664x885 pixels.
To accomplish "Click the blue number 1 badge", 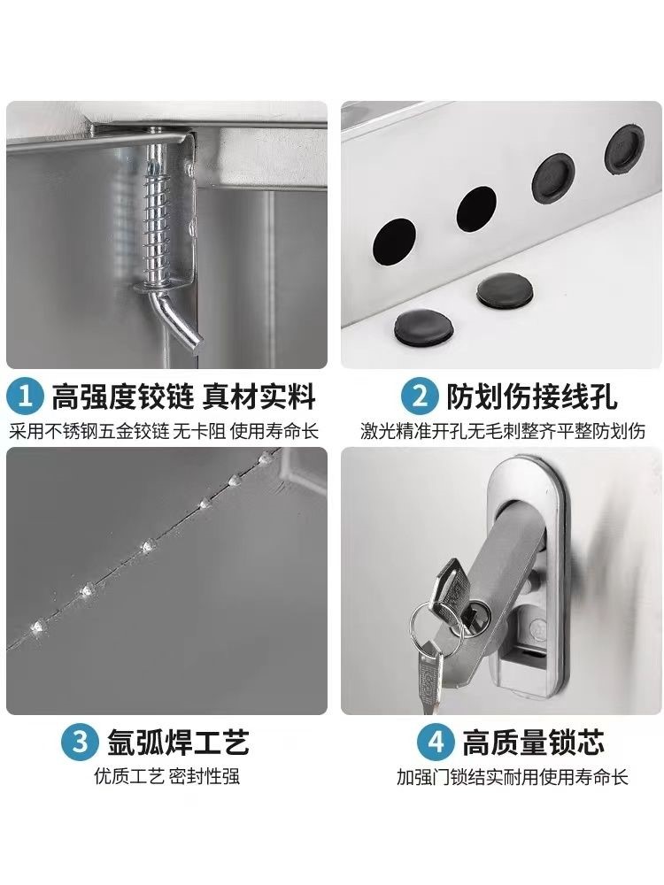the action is point(26,396).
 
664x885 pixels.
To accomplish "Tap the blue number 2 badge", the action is point(420,396).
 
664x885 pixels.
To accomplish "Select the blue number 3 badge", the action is point(81,742).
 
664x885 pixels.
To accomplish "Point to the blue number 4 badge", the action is point(436,742).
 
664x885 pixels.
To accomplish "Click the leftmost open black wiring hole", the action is point(394,242).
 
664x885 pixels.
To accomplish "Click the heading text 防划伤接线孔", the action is point(532,396).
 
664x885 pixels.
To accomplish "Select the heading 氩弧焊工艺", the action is point(179,742).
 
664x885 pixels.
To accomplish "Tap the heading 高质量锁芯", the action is point(534,742).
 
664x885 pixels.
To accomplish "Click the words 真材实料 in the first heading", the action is point(259,396).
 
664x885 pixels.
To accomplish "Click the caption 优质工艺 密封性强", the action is point(167,776).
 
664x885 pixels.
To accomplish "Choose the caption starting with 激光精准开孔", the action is point(503,431).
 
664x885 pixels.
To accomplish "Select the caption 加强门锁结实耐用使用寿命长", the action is point(512,777).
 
